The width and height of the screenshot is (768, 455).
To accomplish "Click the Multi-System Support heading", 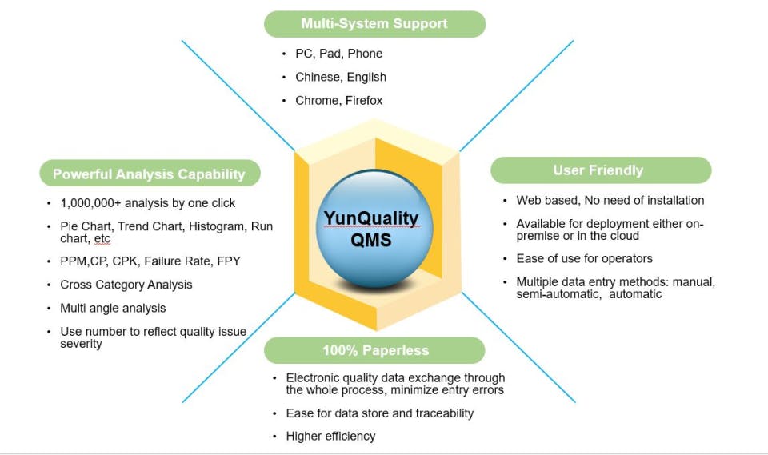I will (374, 23).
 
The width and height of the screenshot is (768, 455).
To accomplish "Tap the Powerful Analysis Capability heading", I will (149, 174).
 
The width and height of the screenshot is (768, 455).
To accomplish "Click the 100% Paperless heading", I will (375, 350).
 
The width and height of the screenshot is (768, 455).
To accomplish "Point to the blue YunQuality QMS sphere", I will (370, 229).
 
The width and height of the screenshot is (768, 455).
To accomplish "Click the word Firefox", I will (364, 100).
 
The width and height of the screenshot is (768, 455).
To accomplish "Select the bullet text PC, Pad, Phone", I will (338, 54).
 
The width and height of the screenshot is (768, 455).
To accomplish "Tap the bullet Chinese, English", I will (340, 77).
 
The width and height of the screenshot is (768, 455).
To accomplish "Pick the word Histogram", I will (218, 226).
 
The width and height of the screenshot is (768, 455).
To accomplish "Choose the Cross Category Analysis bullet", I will (126, 285).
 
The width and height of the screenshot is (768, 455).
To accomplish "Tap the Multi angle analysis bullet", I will (113, 308).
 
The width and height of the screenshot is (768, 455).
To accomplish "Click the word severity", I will (81, 344).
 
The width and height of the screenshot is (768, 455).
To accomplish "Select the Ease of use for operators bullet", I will (584, 258).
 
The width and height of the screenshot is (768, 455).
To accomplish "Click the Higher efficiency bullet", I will (330, 436).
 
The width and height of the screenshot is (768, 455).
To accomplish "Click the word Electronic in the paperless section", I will (314, 377).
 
